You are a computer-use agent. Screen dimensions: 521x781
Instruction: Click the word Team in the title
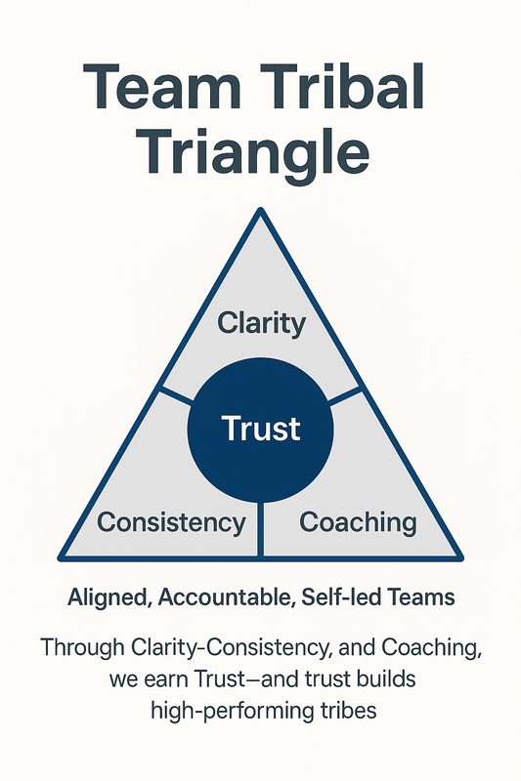[x=162, y=87]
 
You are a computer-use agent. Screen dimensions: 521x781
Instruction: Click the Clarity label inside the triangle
[x=261, y=324]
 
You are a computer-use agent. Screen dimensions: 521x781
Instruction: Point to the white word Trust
[x=261, y=429]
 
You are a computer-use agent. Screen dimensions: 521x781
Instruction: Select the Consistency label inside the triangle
[x=171, y=522]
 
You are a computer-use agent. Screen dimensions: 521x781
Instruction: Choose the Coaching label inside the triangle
[x=358, y=523]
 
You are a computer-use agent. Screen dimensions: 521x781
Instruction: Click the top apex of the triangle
[x=260, y=209]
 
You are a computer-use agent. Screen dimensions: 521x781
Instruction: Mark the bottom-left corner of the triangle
[x=60, y=558]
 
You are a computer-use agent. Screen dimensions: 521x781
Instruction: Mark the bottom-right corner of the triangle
[x=461, y=558]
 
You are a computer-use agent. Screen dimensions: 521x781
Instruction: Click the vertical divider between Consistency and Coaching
[x=260, y=529]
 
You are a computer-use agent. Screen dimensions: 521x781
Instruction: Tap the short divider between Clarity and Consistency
[x=176, y=395]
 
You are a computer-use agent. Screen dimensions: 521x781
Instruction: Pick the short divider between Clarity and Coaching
[x=344, y=395]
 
